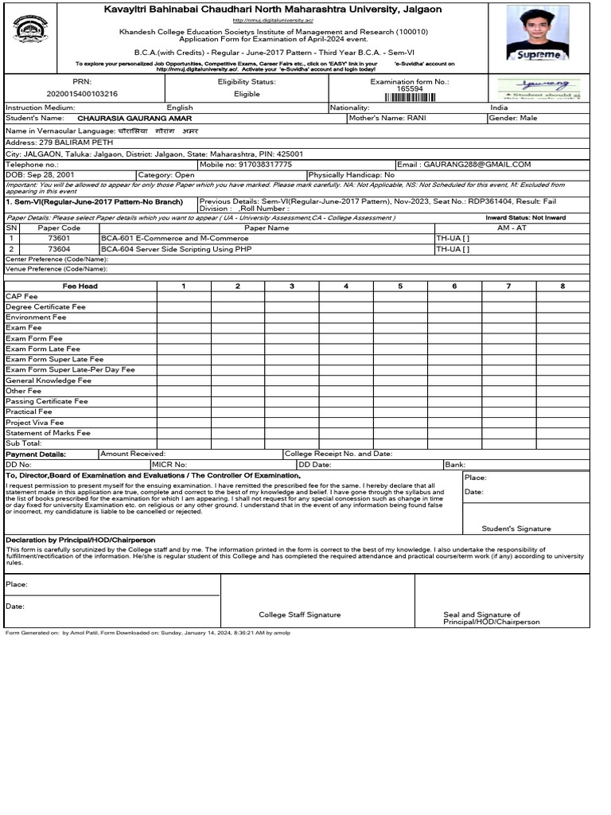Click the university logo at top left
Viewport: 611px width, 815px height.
[x=31, y=31]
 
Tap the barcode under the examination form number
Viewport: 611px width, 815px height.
[x=411, y=97]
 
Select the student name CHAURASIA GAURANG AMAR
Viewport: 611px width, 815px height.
[x=134, y=119]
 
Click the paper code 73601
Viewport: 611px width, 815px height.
[x=59, y=238]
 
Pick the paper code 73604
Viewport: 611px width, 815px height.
[x=59, y=249]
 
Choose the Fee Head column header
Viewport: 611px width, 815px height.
[x=80, y=286]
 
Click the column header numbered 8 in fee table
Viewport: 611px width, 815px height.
[x=562, y=286]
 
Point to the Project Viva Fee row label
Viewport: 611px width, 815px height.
[x=35, y=423]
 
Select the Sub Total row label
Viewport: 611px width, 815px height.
[x=24, y=443]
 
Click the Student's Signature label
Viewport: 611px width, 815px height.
[x=516, y=528]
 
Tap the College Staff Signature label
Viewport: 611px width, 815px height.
[x=299, y=614]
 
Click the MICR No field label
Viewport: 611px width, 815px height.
[x=169, y=464]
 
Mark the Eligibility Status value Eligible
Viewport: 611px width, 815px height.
[x=247, y=94]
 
